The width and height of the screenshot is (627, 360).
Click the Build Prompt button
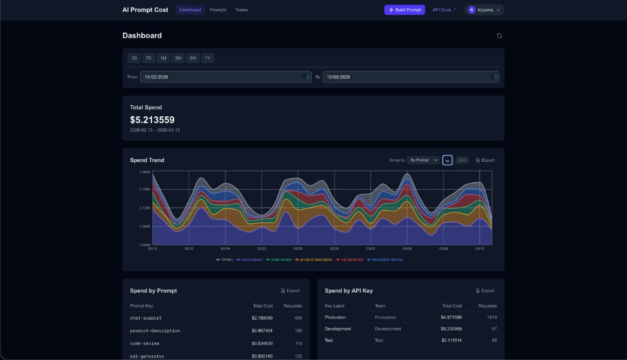(x=404, y=10)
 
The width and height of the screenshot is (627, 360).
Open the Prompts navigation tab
(x=217, y=10)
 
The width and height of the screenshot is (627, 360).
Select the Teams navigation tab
(x=241, y=10)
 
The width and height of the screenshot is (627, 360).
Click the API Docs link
(x=445, y=10)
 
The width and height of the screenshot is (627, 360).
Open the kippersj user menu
(x=484, y=10)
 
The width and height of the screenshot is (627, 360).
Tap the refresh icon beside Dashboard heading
(x=499, y=36)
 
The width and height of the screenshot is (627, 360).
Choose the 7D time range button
(x=148, y=58)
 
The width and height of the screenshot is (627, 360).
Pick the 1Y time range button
(x=208, y=58)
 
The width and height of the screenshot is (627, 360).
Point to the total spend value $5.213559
(x=152, y=120)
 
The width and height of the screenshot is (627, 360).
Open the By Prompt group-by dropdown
(x=424, y=160)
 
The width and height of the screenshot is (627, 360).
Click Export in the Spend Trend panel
(x=485, y=160)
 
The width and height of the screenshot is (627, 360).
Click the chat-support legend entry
(x=251, y=260)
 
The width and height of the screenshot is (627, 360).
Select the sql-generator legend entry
(x=350, y=260)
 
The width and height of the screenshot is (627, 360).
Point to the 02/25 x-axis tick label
(x=298, y=249)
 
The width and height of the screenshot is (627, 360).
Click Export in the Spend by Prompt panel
(x=290, y=291)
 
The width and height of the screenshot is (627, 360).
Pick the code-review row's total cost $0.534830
(x=262, y=343)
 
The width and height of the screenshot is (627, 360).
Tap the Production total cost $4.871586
(x=451, y=317)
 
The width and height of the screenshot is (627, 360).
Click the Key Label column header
(x=336, y=306)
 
